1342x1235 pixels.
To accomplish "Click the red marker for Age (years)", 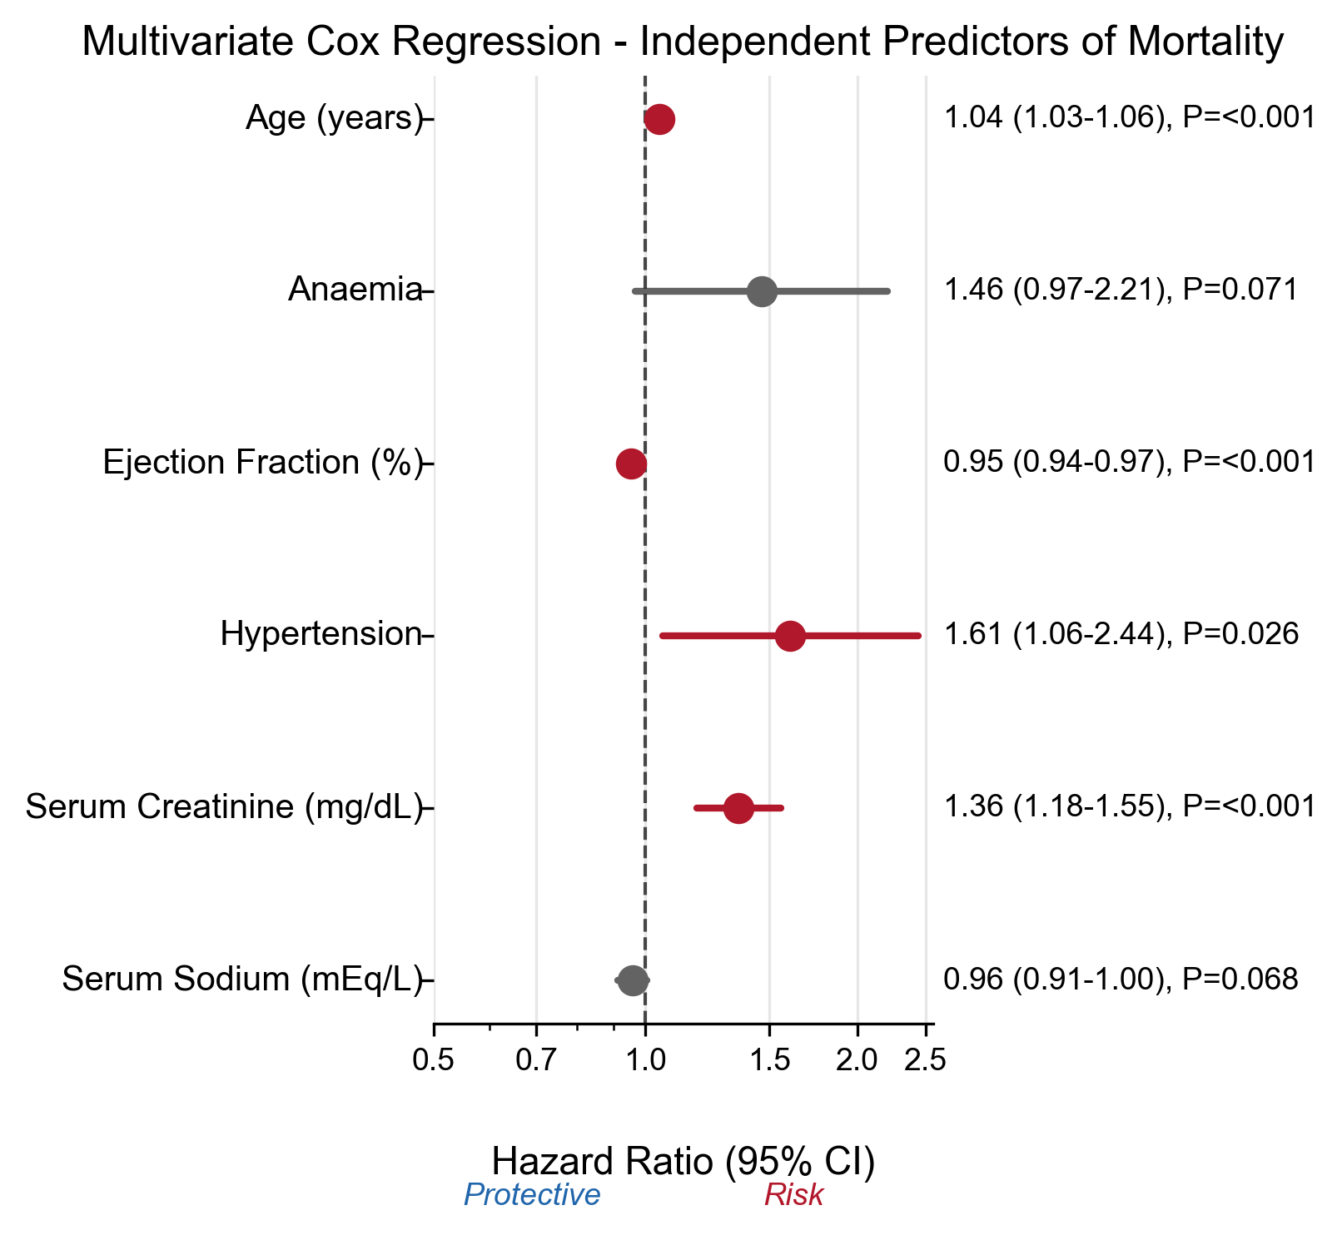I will [659, 119].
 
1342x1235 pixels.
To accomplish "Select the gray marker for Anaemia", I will [762, 291].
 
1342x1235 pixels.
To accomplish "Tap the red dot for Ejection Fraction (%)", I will [631, 464].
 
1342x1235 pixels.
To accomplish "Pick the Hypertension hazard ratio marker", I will [790, 636].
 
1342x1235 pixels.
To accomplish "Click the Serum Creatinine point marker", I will [738, 807].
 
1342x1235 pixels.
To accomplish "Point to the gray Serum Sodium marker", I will [634, 980].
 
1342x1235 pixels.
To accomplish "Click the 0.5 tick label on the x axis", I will [434, 1061].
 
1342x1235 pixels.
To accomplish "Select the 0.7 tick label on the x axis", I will [536, 1061].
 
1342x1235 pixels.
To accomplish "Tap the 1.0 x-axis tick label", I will [645, 1061].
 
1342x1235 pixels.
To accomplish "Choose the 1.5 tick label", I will [769, 1061].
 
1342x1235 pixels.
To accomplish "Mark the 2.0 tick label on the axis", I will [857, 1061].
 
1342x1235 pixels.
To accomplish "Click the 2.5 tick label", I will [926, 1061].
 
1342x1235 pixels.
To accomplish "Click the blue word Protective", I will [532, 1195].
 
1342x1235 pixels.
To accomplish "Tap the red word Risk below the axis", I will [793, 1195].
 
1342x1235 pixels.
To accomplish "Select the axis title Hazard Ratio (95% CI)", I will [683, 1162].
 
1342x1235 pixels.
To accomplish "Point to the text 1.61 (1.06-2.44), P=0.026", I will [1121, 634].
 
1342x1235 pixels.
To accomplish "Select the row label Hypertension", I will [321, 634].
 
